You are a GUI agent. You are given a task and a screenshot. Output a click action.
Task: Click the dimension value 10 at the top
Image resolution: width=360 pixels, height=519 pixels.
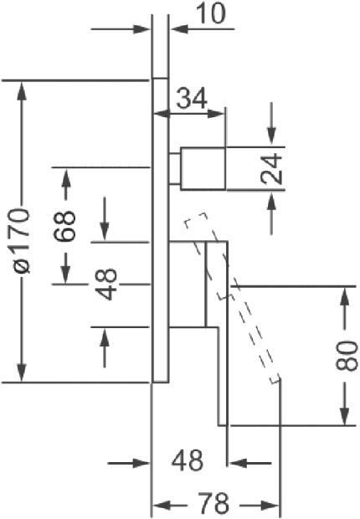tap(212, 14)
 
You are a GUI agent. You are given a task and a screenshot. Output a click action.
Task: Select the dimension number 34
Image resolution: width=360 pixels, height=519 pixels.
tap(192, 98)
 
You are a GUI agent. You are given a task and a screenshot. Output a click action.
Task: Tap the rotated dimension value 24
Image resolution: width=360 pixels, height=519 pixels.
tap(271, 168)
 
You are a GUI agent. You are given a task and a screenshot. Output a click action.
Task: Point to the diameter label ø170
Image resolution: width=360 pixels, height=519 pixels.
tap(22, 240)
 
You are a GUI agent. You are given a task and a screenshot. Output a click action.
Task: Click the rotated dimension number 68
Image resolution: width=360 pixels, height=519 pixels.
tap(65, 226)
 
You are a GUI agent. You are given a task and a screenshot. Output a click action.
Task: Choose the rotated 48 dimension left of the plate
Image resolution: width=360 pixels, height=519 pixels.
tap(106, 284)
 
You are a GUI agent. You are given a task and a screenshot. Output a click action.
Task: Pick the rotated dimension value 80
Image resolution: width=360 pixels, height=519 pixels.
tap(347, 355)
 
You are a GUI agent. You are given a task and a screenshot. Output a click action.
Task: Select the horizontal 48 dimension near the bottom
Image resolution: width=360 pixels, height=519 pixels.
tap(188, 460)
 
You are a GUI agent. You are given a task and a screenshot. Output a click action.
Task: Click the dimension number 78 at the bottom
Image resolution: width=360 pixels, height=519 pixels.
tap(213, 502)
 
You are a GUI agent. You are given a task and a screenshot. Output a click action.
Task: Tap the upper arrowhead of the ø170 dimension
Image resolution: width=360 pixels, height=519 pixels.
tap(22, 90)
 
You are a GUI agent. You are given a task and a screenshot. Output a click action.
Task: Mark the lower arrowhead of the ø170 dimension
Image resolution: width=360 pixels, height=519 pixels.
tap(22, 373)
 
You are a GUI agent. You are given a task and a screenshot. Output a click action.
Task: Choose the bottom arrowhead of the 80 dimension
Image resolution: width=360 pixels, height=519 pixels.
tap(345, 415)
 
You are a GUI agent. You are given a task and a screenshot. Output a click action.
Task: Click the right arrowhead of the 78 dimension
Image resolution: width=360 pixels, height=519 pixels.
tap(270, 506)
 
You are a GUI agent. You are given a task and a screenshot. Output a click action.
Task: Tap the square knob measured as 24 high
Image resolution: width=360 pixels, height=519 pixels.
tap(203, 168)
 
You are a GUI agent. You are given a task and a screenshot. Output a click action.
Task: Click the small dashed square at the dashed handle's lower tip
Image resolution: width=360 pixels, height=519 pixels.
tap(275, 379)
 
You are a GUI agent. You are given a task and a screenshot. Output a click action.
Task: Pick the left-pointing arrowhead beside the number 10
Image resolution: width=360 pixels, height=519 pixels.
tap(179, 29)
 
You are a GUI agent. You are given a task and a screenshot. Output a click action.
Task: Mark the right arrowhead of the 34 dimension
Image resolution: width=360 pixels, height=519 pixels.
tap(216, 114)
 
